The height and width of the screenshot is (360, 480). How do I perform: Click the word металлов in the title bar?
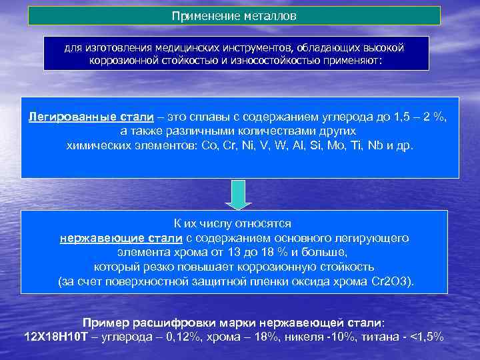coord(268,15)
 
